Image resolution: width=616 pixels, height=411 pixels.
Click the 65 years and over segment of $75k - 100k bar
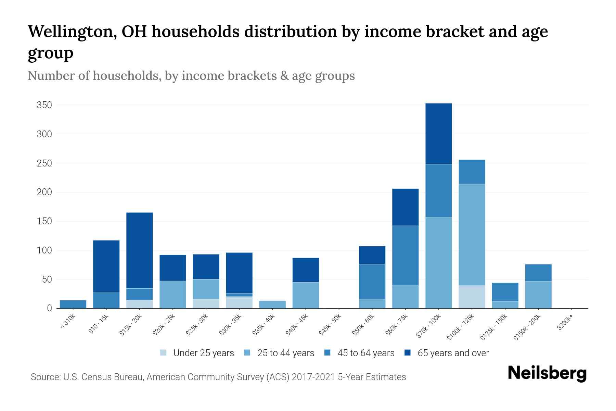438,134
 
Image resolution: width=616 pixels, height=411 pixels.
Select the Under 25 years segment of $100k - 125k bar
472,297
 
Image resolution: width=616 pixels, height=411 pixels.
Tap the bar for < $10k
73,304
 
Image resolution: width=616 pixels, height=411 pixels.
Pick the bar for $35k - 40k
272,304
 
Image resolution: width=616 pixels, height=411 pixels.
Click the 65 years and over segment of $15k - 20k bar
139,250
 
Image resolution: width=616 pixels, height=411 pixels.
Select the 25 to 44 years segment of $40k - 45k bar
306,295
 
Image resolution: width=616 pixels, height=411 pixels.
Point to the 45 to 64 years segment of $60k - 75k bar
405,255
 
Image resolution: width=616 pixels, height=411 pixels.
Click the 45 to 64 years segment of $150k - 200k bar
538,273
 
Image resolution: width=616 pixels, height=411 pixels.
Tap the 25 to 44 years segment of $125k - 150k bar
505,304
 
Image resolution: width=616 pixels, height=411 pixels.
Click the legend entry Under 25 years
203,353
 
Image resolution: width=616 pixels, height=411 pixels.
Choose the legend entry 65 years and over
453,353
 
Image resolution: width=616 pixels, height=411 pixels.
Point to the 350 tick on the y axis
44,105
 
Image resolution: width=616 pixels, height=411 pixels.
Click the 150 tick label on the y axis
44,221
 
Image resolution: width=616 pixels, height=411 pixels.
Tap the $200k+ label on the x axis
565,323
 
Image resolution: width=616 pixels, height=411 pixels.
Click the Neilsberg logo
547,373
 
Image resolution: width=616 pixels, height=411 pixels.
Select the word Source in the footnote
45,377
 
